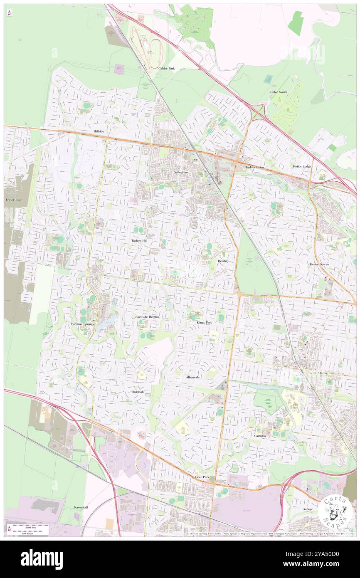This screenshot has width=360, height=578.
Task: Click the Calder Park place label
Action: point(166,68)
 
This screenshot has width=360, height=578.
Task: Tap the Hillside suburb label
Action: point(98,131)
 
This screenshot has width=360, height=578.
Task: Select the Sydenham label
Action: point(182,172)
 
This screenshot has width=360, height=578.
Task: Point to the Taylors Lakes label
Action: point(255,167)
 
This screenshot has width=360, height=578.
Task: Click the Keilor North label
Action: point(278,92)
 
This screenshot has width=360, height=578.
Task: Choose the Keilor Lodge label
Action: point(302,167)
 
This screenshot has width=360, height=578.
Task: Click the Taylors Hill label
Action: point(139,241)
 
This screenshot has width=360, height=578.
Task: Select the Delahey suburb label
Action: point(223,261)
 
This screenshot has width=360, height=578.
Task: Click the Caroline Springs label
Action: point(82,324)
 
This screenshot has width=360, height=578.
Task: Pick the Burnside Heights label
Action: point(147,317)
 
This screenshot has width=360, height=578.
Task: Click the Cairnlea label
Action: point(262,435)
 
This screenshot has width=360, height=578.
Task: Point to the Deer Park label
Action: point(202,477)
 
